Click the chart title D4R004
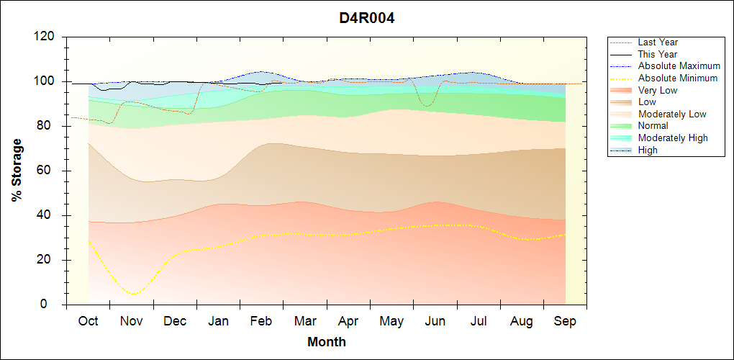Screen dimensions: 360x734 point(367,18)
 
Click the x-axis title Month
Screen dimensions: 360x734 point(326,342)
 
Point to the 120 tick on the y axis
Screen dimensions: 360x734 point(45,37)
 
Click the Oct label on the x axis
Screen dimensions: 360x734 point(88,321)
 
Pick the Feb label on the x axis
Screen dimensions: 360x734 point(261,321)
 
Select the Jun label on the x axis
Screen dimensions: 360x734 point(435,321)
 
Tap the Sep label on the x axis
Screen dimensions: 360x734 point(565,321)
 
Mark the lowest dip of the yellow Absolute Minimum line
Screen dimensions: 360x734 point(132,294)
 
